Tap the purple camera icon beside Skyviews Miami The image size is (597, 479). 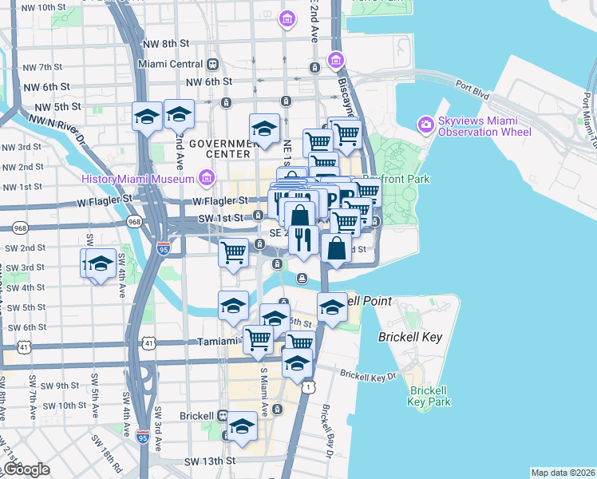tap(425, 124)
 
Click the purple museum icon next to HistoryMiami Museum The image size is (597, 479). tap(208, 176)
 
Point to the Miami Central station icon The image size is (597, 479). tap(212, 64)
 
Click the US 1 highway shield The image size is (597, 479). tap(307, 387)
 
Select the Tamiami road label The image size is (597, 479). tap(219, 342)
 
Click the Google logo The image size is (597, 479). tap(26, 469)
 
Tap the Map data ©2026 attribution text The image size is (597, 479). tap(563, 473)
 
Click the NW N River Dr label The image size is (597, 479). tap(55, 128)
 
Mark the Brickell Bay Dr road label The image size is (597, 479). tap(326, 431)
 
